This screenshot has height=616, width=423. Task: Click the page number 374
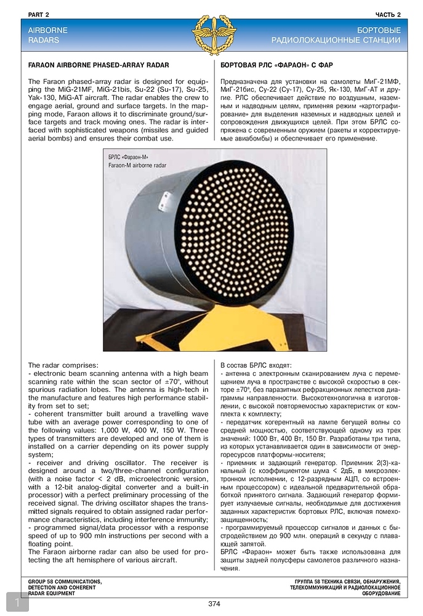pos(214,604)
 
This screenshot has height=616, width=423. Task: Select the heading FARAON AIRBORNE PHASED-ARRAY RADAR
pos(99,65)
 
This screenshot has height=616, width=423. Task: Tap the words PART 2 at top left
pos(39,14)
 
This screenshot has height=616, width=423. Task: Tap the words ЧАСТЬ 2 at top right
pos(388,14)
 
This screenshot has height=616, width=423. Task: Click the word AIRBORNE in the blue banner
pos(48,30)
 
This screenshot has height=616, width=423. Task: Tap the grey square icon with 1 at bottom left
pos(17,602)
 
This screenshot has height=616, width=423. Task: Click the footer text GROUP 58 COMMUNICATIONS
pos(65,581)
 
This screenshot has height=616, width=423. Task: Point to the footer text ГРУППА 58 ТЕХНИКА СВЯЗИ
pos(348,581)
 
